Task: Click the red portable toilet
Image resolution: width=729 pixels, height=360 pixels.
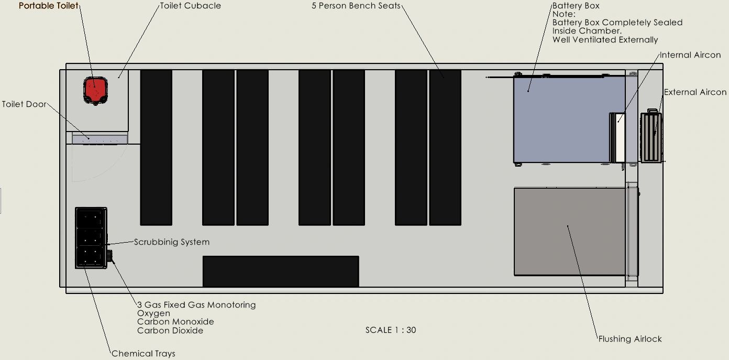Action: pyautogui.click(x=95, y=91)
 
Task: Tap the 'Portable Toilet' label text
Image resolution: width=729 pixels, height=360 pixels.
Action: pyautogui.click(x=49, y=6)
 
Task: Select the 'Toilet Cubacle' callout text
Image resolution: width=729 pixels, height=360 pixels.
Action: pyautogui.click(x=191, y=6)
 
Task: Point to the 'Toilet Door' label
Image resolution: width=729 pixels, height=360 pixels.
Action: pyautogui.click(x=24, y=104)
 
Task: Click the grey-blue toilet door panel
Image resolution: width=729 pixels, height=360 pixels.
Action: pyautogui.click(x=100, y=139)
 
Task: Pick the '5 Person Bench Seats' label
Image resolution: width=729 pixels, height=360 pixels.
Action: pyautogui.click(x=356, y=6)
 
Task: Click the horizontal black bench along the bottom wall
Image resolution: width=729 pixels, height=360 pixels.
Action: pyautogui.click(x=281, y=271)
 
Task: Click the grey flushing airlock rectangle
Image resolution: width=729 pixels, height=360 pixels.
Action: pyautogui.click(x=570, y=232)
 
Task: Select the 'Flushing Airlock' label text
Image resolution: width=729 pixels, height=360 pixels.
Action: pyautogui.click(x=630, y=339)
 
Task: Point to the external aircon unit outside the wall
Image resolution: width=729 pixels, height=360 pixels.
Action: pyautogui.click(x=651, y=137)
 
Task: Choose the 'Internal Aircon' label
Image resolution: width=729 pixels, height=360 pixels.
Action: pyautogui.click(x=690, y=55)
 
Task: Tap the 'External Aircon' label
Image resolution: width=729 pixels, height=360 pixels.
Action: pyautogui.click(x=695, y=92)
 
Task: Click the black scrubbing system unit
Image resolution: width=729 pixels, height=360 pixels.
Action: pyautogui.click(x=91, y=238)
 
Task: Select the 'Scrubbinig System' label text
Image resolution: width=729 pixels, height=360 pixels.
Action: pyautogui.click(x=172, y=242)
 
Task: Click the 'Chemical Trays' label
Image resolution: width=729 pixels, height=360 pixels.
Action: pyautogui.click(x=143, y=354)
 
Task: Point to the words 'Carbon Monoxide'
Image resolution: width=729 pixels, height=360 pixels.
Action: pyautogui.click(x=175, y=322)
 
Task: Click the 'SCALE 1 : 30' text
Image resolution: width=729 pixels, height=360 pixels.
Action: pyautogui.click(x=391, y=330)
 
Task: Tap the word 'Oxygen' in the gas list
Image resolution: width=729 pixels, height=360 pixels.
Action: pyautogui.click(x=153, y=313)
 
